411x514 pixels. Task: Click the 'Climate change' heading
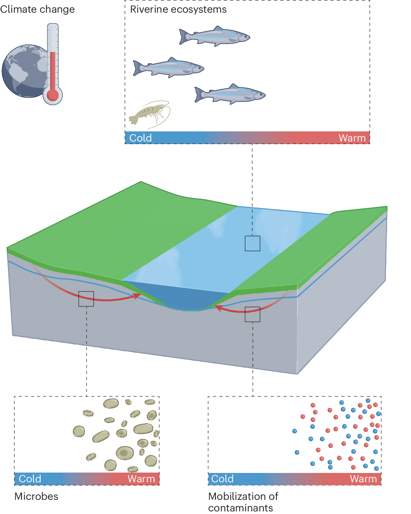[x=37, y=9]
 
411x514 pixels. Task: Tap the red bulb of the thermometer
[x=53, y=95]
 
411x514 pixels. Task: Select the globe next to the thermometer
[x=24, y=71]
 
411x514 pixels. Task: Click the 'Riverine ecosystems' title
[x=178, y=9]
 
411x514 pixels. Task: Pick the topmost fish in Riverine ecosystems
[x=215, y=37]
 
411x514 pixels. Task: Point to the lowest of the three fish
[x=230, y=94]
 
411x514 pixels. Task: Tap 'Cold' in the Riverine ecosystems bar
[x=140, y=138]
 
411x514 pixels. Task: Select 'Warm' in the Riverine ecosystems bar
[x=352, y=138]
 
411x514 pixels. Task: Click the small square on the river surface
[x=253, y=243]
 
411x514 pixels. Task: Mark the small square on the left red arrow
[x=86, y=299]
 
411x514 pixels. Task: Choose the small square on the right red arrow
[x=253, y=314]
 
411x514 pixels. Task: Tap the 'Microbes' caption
[x=36, y=496]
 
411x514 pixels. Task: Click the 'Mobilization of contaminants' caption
[x=243, y=502]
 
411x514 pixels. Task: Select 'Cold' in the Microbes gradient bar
[x=30, y=479]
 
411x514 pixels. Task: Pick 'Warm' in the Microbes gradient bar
[x=141, y=479]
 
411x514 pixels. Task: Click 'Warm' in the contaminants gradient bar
[x=363, y=479]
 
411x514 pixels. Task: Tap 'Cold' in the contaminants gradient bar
[x=222, y=479]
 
